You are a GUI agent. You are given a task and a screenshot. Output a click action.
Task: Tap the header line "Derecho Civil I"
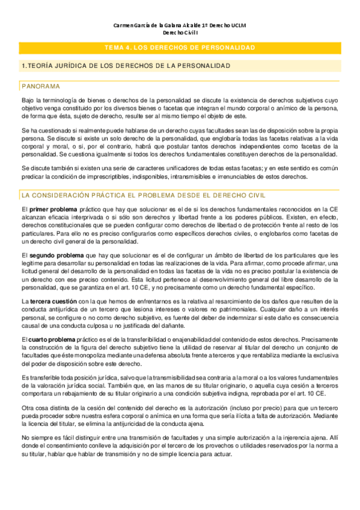click(x=180, y=34)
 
